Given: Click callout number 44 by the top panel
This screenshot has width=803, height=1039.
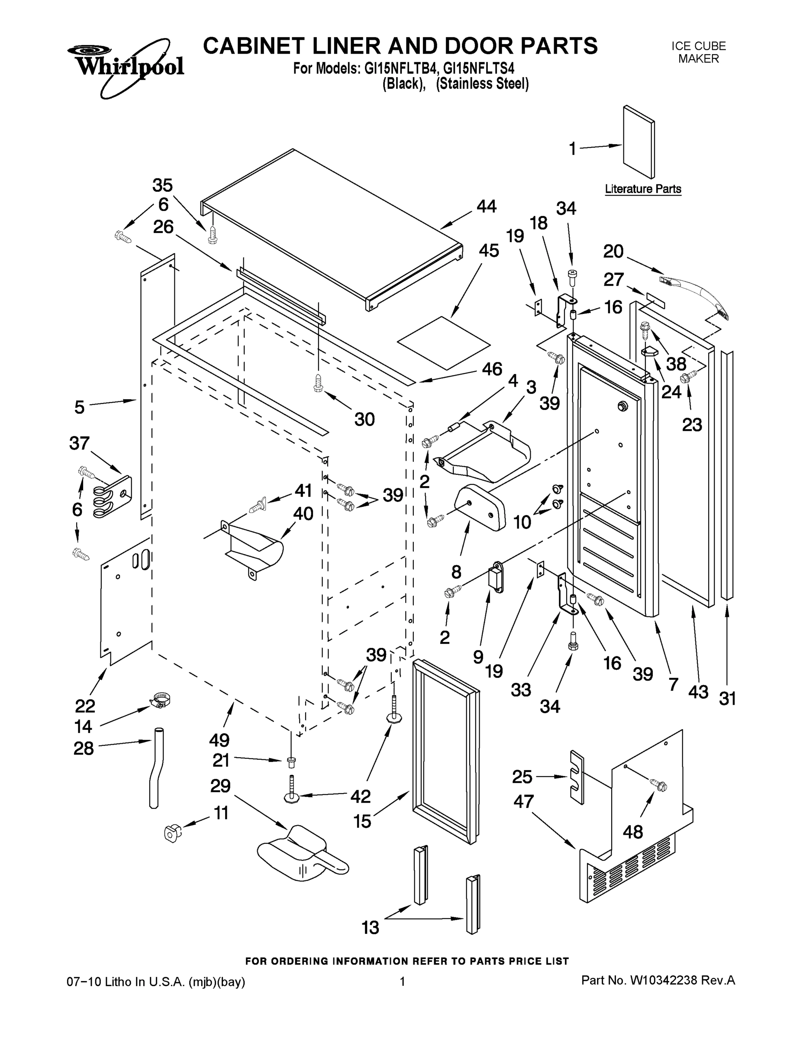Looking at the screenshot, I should pos(486,207).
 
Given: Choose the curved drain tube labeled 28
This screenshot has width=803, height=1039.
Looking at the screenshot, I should pos(156,766).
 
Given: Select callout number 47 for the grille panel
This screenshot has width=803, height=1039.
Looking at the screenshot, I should pos(523,802).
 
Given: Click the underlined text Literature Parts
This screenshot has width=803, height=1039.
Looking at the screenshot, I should pos(643,189).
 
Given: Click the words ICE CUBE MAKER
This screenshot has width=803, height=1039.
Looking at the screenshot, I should pos(698,52).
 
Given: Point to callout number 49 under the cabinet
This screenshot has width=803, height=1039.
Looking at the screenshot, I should pos(219,740).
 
